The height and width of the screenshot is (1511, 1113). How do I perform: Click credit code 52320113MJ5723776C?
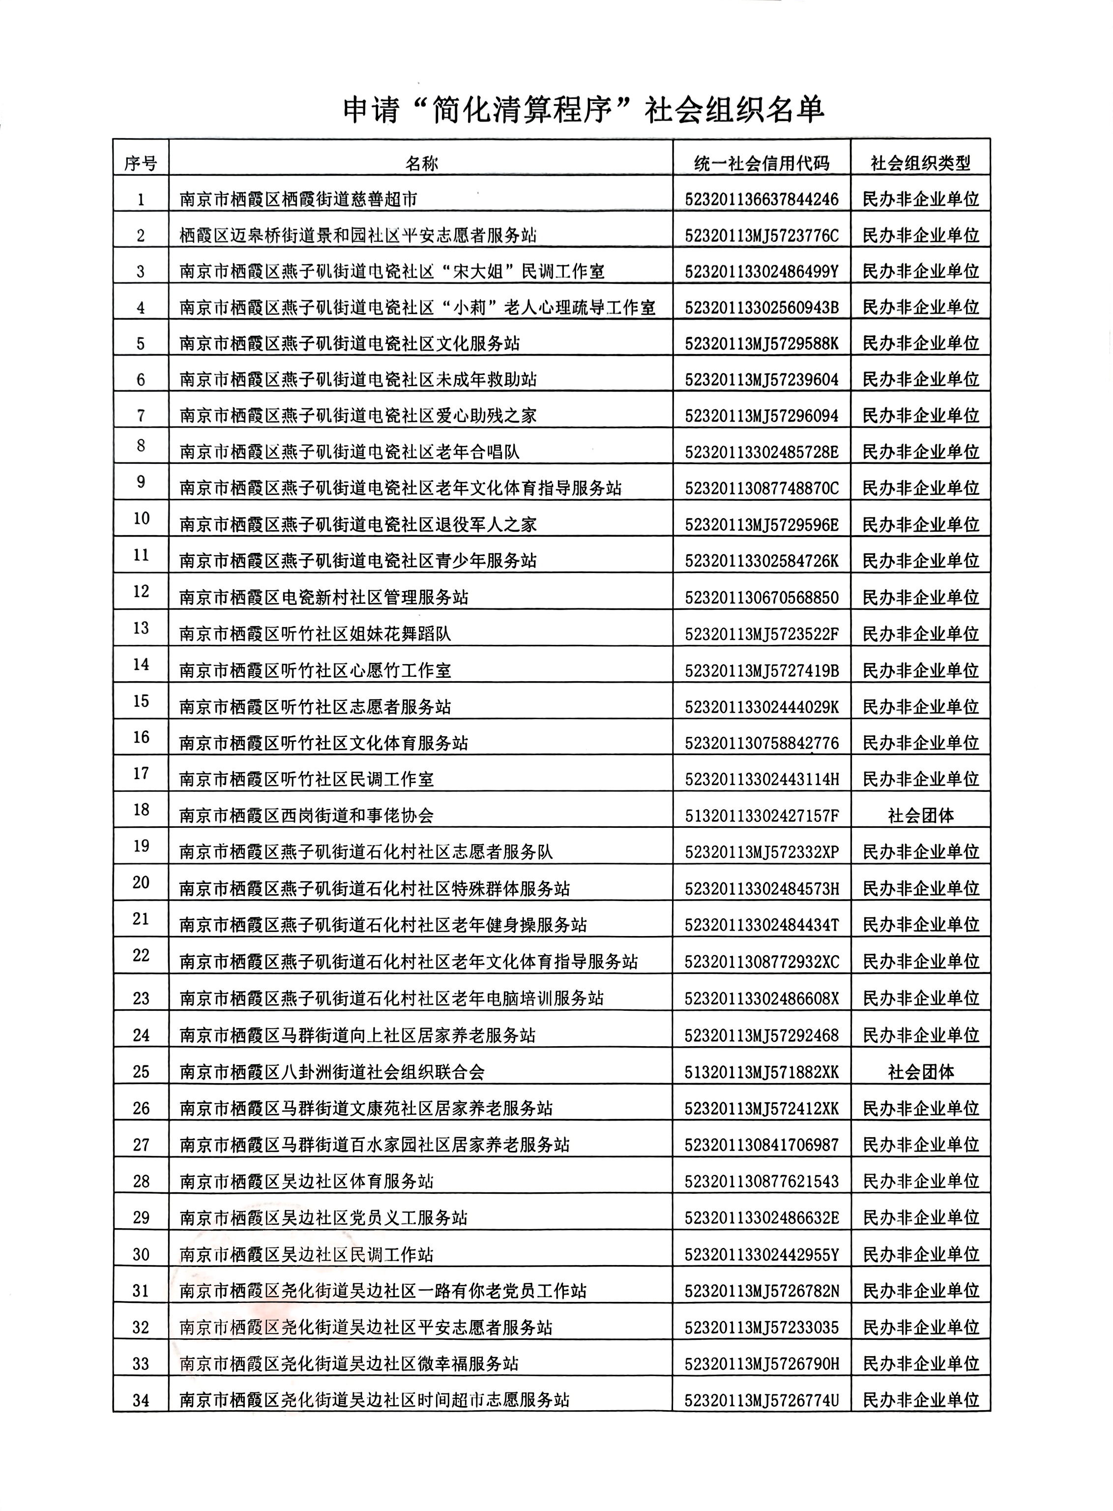(x=762, y=235)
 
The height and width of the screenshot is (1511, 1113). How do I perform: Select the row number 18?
(x=141, y=810)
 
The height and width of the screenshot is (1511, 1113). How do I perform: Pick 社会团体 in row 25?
(x=920, y=1072)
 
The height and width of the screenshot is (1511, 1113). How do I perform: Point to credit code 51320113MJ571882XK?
(x=762, y=1072)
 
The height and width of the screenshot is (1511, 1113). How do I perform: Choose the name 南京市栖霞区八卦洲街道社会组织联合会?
(x=332, y=1072)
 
